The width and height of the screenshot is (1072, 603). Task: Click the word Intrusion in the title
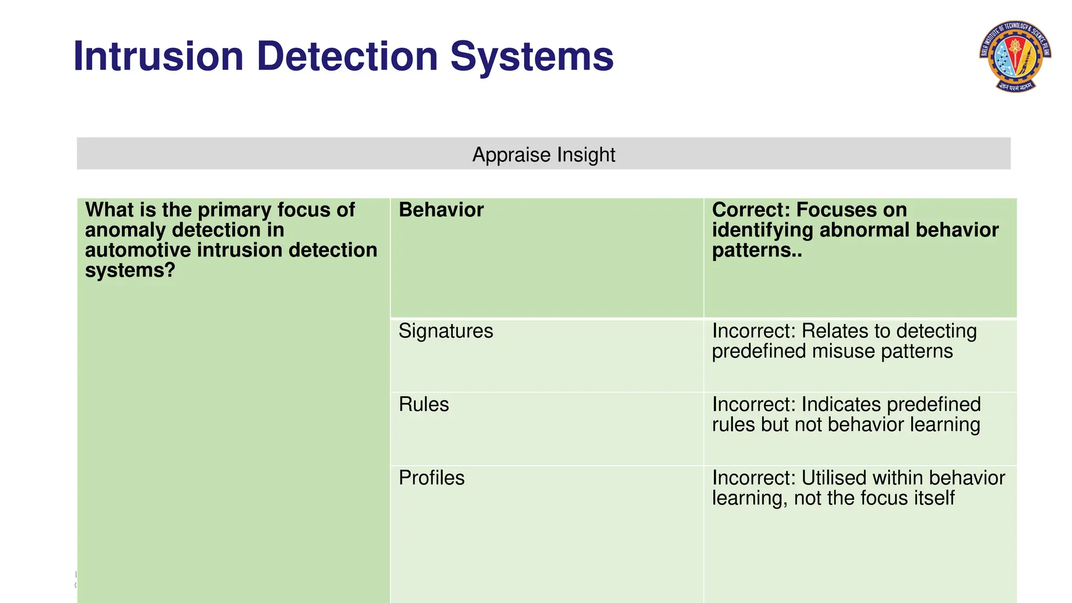(159, 57)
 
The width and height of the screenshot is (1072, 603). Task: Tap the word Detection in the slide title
(347, 57)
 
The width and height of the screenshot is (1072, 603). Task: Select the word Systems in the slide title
(531, 57)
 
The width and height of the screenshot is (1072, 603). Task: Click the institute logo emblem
(1015, 57)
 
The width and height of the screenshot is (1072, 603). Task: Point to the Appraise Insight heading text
(543, 155)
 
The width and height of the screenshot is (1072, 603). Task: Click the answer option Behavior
(441, 210)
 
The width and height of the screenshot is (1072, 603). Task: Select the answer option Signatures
(445, 331)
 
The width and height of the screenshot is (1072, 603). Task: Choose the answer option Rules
(423, 405)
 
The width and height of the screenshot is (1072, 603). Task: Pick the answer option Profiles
(431, 478)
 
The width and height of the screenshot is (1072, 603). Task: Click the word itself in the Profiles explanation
(935, 498)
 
